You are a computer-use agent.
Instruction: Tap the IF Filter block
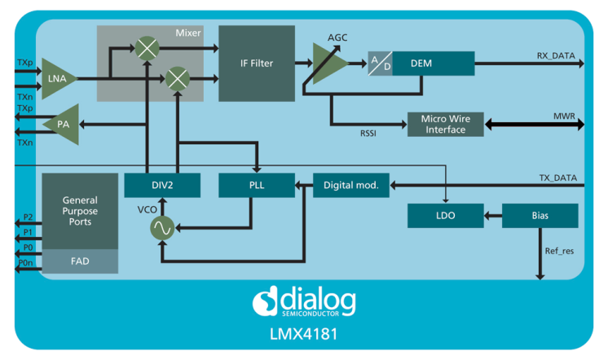(257, 63)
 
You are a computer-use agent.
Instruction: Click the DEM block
(433, 64)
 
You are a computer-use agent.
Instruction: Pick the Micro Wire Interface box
(445, 125)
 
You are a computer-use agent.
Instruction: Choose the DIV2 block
(162, 185)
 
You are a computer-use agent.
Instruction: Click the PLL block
(256, 185)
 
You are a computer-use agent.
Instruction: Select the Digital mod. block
(351, 185)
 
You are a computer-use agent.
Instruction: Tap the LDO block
(445, 216)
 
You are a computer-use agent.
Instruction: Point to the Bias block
(539, 216)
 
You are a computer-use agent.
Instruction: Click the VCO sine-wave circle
(163, 230)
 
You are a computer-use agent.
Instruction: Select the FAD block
(80, 261)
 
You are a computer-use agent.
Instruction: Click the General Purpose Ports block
(80, 211)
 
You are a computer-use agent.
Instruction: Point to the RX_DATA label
(555, 56)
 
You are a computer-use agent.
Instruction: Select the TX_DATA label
(557, 178)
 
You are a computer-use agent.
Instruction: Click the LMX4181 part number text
(304, 334)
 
